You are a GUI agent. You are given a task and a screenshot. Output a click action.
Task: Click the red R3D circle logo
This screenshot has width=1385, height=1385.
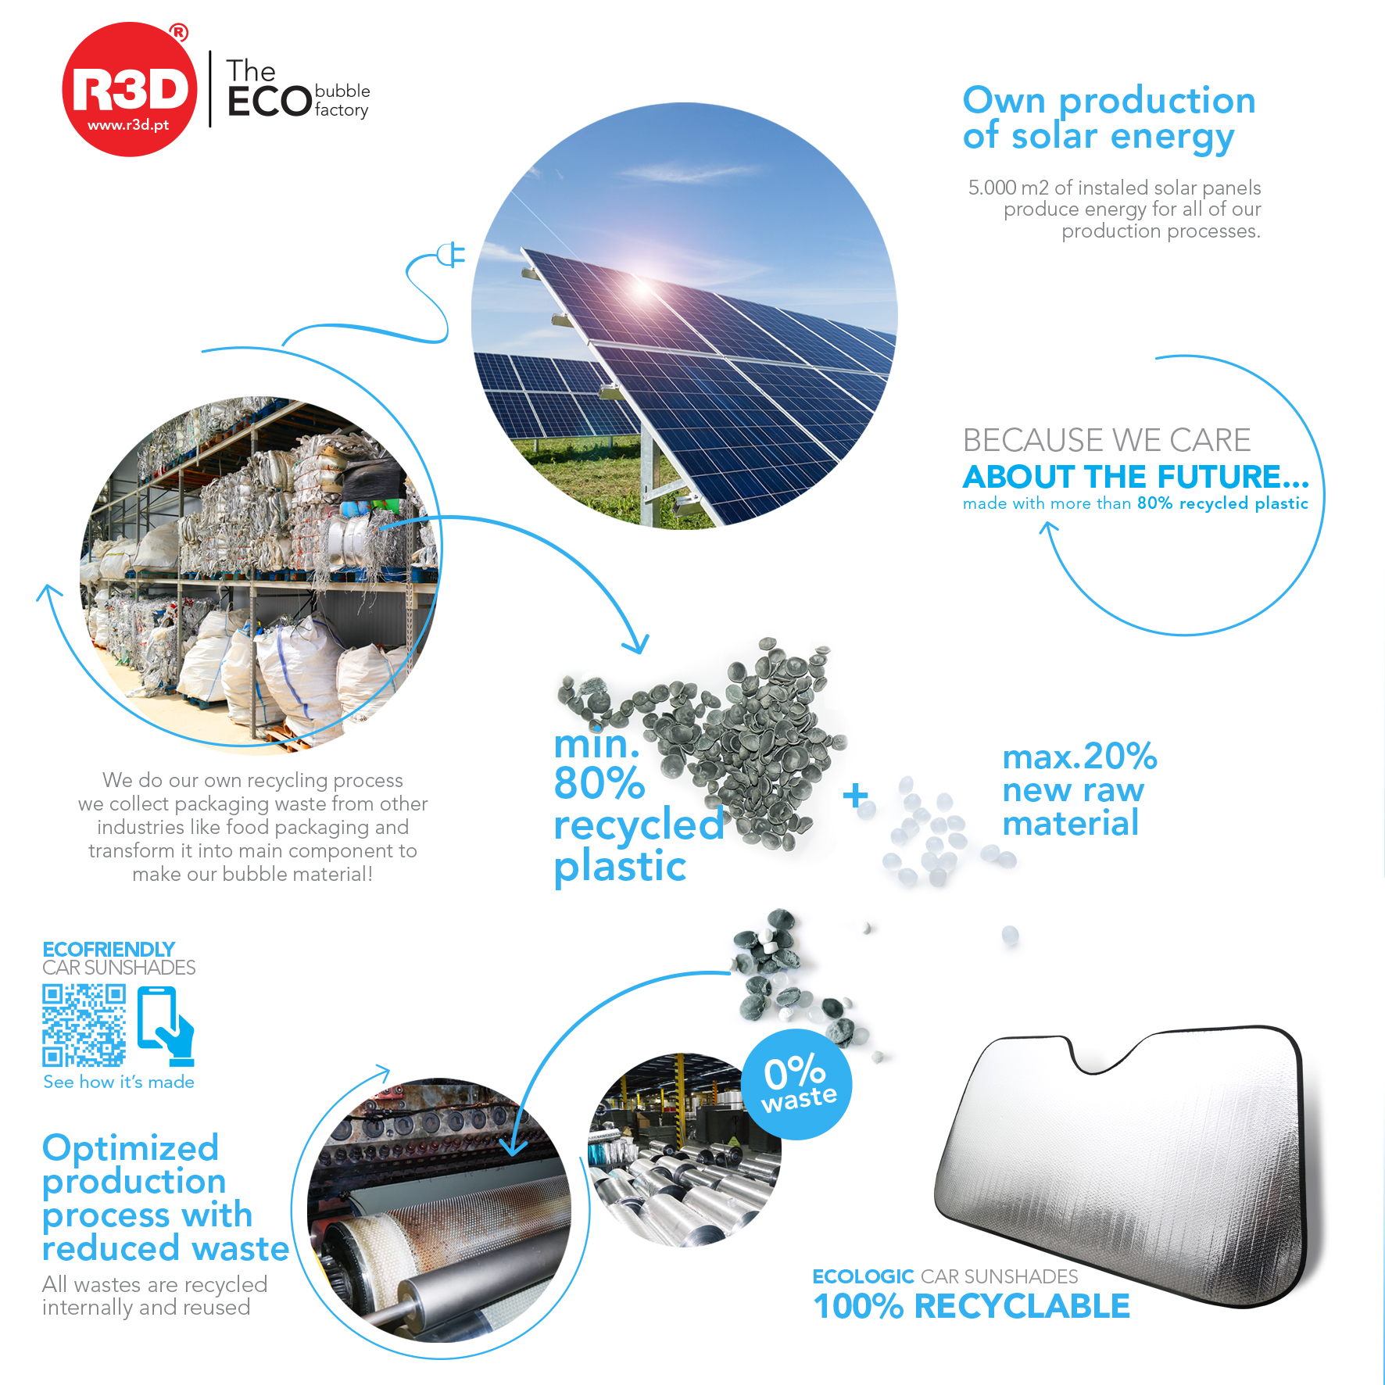click(129, 89)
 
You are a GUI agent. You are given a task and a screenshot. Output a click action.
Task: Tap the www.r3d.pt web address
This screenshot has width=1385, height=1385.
click(128, 125)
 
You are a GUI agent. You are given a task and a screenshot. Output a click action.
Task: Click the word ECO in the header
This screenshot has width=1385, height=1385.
click(270, 102)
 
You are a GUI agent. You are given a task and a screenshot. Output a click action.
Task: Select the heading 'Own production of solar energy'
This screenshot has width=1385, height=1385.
click(1109, 117)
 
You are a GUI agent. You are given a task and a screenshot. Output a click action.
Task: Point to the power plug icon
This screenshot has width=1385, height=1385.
click(451, 255)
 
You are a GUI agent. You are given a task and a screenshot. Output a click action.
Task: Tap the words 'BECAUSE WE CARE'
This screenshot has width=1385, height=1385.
click(1107, 440)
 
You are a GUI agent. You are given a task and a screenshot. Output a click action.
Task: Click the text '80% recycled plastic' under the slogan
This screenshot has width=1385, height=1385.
click(1222, 503)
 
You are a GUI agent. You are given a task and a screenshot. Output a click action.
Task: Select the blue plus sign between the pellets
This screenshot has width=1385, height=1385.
click(856, 796)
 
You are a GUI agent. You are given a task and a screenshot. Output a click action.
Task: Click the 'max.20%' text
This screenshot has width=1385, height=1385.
click(1079, 756)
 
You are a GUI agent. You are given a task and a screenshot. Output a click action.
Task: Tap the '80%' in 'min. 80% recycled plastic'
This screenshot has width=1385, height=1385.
click(599, 783)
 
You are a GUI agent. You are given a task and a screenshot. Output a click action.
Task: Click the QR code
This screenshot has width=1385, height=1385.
click(84, 1025)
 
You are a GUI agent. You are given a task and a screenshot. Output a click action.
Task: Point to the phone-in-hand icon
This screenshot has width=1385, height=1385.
click(166, 1026)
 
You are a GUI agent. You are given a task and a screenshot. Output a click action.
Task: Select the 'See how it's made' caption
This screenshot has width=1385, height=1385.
click(119, 1082)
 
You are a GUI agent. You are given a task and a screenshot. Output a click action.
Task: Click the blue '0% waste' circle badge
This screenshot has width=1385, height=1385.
click(796, 1085)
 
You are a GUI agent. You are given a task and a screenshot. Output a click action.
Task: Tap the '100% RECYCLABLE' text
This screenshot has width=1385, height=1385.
click(972, 1306)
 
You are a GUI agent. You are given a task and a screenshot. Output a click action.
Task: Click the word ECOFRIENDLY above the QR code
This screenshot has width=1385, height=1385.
click(109, 949)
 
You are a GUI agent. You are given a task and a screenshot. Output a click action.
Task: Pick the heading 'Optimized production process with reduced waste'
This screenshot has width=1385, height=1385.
click(166, 1198)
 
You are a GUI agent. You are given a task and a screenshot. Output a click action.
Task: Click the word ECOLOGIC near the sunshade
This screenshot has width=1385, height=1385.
click(863, 1276)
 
